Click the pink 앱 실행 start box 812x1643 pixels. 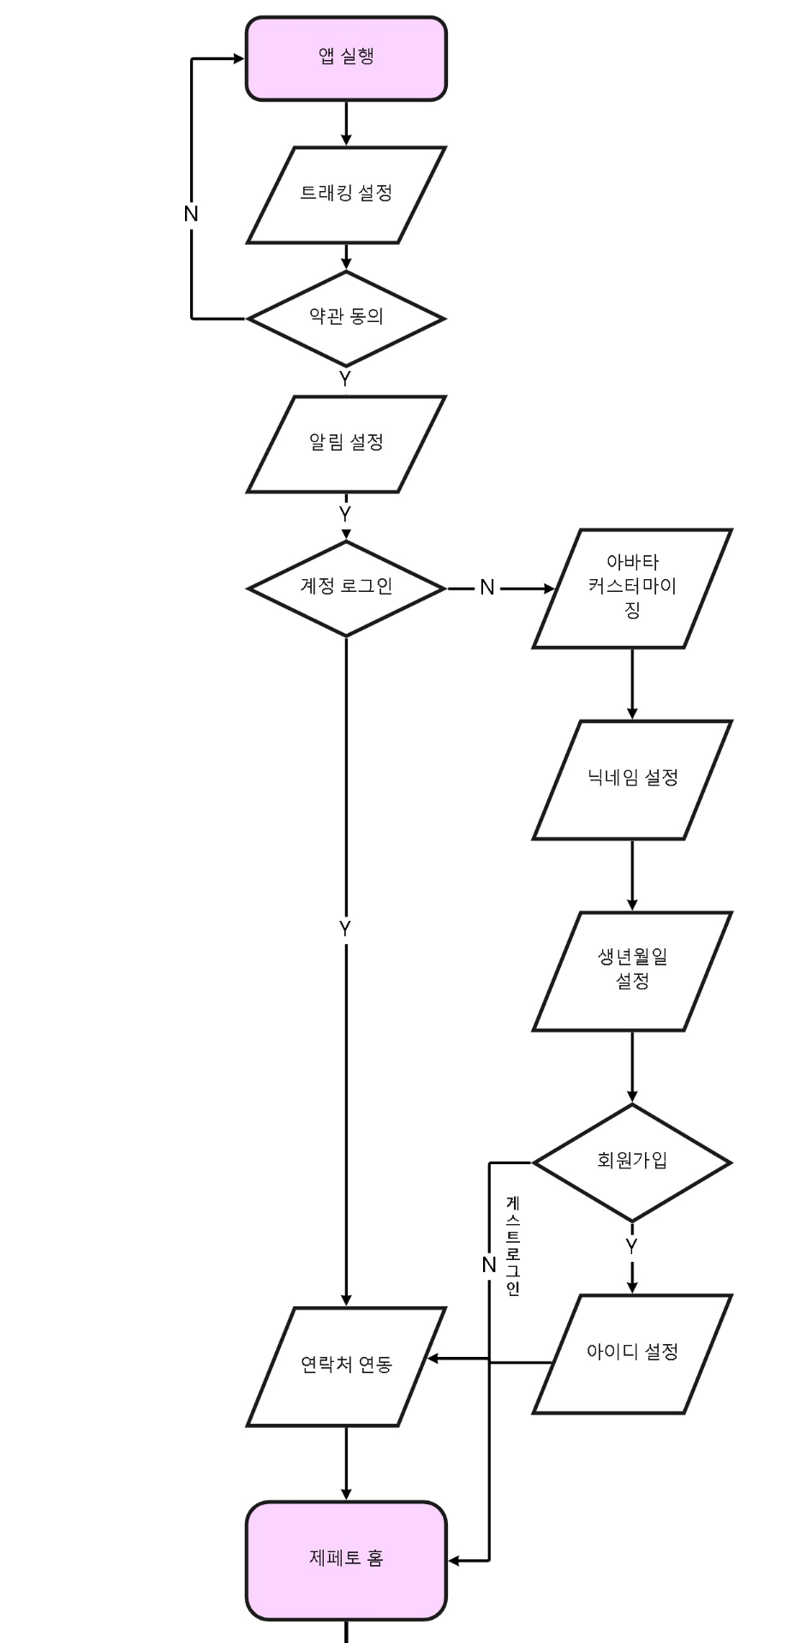pos(346,58)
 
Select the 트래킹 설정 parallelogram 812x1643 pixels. pos(346,194)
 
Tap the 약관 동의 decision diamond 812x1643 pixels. pos(346,318)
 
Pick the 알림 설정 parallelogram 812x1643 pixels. pos(346,444)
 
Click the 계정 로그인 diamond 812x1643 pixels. pos(346,588)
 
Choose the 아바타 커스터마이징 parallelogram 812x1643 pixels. pos(632,588)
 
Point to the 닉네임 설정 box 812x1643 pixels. pos(632,779)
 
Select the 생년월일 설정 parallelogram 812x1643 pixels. pos(632,970)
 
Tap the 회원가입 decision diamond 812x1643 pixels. pos(632,1162)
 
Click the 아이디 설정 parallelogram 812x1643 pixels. pos(632,1353)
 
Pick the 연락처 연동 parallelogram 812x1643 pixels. pos(346,1365)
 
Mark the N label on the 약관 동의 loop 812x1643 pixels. pos(191,214)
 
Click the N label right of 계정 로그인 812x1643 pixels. pos(487,588)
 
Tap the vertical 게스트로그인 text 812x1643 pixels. pos(513,1246)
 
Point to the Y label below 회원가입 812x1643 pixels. pos(631,1246)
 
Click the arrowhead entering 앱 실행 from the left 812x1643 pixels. pos(238,59)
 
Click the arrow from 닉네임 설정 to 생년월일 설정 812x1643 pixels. pos(632,875)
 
